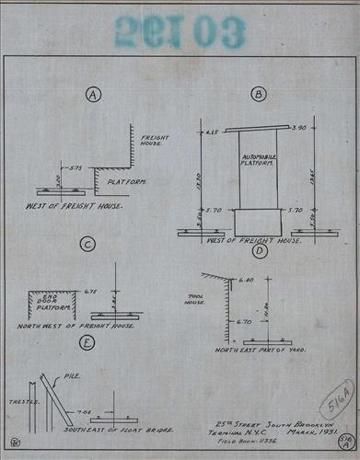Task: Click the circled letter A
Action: click(92, 94)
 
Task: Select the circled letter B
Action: click(259, 94)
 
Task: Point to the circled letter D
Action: click(259, 250)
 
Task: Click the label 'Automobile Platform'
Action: click(257, 164)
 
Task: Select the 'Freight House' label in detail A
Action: click(151, 140)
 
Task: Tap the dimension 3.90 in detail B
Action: click(296, 131)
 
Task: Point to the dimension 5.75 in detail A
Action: click(75, 168)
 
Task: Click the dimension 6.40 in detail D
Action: click(246, 281)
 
